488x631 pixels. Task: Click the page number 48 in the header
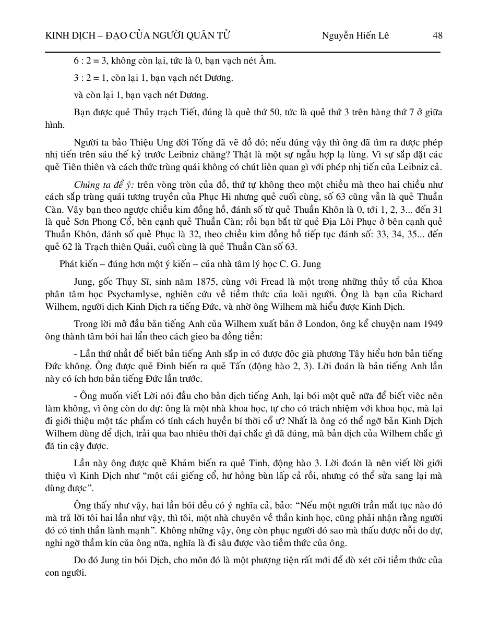[437, 35]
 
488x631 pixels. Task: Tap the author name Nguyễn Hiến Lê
[355, 35]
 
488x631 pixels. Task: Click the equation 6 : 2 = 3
[90, 61]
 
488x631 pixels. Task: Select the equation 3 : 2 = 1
[90, 78]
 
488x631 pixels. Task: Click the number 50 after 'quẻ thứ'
[264, 113]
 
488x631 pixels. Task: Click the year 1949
[432, 324]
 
